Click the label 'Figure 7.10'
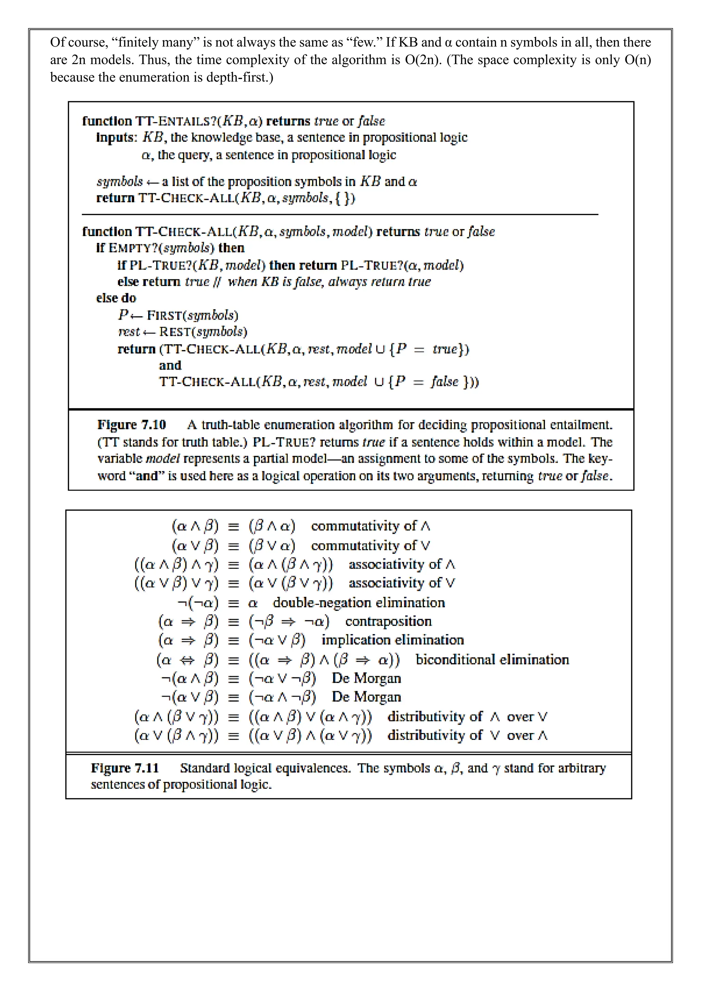(x=132, y=425)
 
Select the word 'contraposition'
(x=388, y=621)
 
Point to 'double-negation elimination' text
(x=359, y=603)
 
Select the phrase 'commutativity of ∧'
(x=370, y=526)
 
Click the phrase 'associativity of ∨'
(x=402, y=583)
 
